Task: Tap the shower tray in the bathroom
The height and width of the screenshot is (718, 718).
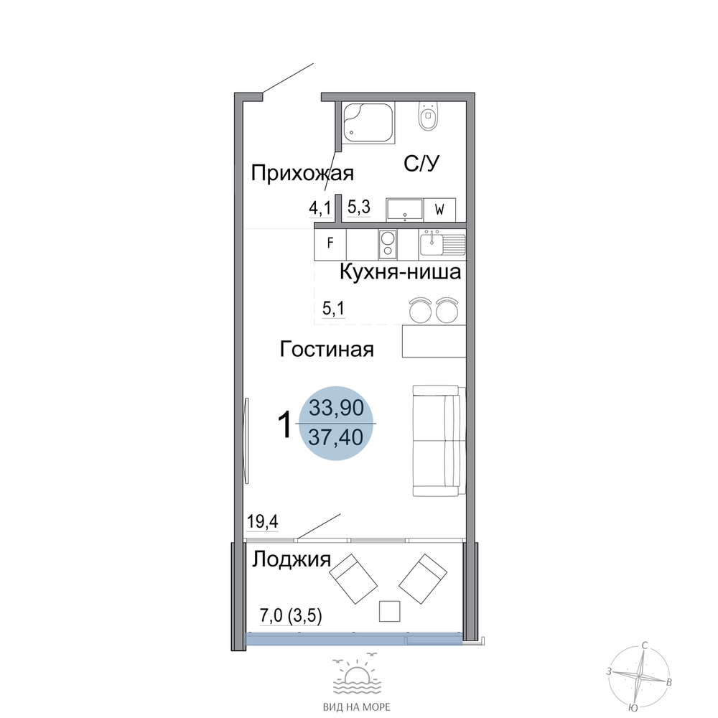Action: click(368, 122)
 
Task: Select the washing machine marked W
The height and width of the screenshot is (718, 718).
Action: click(439, 210)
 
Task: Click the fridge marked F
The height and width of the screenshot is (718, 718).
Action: click(330, 243)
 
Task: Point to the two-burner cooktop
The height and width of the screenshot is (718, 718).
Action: click(388, 244)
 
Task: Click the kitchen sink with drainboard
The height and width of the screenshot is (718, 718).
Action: click(442, 243)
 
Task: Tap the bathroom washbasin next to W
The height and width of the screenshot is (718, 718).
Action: click(405, 210)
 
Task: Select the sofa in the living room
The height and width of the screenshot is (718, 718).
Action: click(439, 441)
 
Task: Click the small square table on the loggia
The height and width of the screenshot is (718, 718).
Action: click(390, 611)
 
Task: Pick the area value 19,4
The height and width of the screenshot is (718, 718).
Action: click(262, 521)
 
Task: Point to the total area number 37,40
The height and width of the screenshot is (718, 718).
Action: click(335, 437)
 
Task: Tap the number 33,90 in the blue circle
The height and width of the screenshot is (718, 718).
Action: click(336, 408)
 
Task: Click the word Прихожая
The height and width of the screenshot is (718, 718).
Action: click(302, 174)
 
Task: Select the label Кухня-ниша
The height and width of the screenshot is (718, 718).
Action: click(400, 272)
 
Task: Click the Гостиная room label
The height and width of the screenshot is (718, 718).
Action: click(327, 349)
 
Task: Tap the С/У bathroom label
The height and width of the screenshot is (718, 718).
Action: click(421, 163)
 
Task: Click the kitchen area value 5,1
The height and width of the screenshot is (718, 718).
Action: click(333, 309)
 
